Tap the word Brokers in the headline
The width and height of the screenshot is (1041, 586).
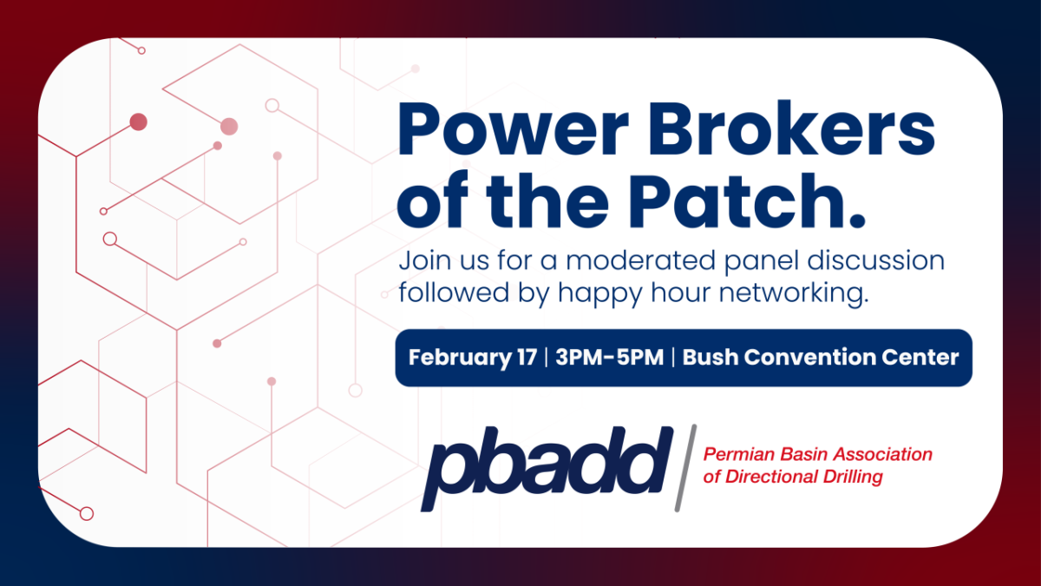click(792, 128)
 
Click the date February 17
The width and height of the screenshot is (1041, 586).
click(473, 358)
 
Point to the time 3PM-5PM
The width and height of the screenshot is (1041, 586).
click(610, 357)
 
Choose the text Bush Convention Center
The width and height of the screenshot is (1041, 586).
click(821, 357)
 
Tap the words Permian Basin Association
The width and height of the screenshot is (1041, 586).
click(818, 454)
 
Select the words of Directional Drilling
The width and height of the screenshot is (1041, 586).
click(793, 477)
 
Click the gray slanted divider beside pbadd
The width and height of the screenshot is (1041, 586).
click(686, 468)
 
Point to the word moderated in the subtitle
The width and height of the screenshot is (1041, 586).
click(641, 260)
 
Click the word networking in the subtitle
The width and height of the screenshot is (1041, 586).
click(794, 294)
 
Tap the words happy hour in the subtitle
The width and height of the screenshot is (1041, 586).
click(635, 294)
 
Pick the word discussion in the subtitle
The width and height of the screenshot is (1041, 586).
click(876, 260)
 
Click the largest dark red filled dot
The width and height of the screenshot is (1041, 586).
click(139, 122)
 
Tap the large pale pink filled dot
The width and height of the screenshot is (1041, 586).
click(229, 127)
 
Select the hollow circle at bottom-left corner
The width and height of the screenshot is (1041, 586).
click(87, 514)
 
